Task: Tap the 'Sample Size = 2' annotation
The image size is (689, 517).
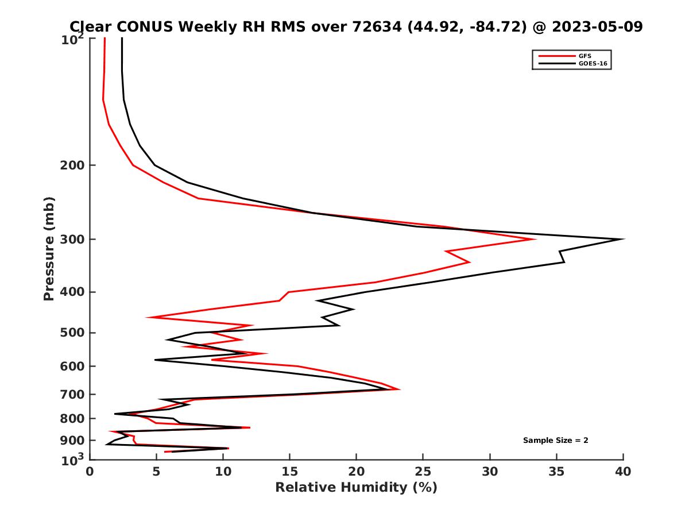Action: click(x=555, y=441)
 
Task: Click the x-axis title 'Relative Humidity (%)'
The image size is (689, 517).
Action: click(x=356, y=488)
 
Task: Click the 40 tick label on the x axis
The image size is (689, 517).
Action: click(x=623, y=472)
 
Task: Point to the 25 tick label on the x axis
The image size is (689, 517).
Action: click(x=423, y=472)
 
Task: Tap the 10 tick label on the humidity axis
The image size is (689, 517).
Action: click(x=223, y=472)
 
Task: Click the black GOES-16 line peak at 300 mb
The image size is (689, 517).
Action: click(x=623, y=239)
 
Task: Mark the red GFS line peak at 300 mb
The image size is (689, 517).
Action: click(x=535, y=239)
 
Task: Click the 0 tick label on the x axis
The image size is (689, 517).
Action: click(x=90, y=472)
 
